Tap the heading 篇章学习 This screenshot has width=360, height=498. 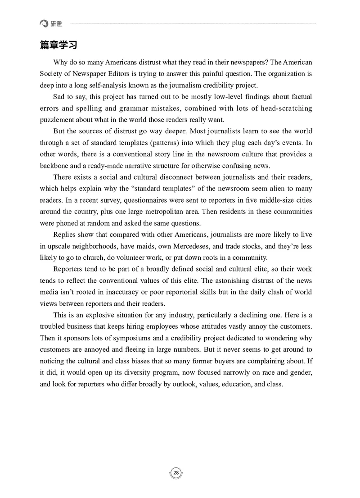[58, 45]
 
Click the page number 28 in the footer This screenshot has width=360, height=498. [176, 472]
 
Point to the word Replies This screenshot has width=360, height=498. [65, 235]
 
